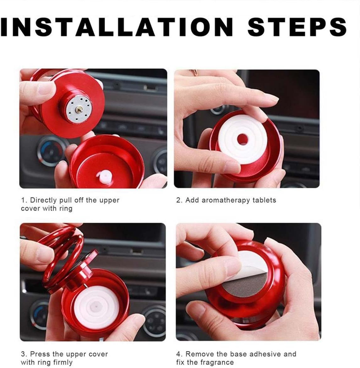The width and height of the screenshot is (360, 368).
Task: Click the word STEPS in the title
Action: [x=297, y=27]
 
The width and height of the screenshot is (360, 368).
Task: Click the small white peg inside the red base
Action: [x=105, y=177]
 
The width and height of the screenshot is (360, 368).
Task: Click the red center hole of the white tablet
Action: [x=243, y=139]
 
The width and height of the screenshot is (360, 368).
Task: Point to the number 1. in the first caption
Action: [x=24, y=200]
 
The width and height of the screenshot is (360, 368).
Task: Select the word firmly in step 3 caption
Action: [x=63, y=362]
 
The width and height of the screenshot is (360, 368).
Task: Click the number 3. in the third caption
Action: [x=24, y=354]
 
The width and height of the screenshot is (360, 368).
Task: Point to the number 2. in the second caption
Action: [x=179, y=200]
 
